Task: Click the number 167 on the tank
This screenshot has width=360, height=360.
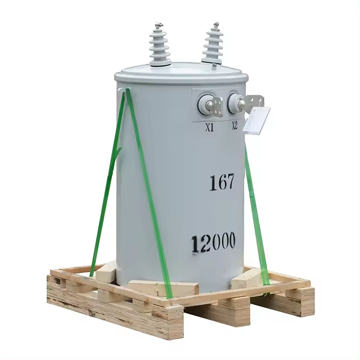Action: pyautogui.click(x=222, y=182)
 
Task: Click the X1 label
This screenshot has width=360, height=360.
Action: pyautogui.click(x=210, y=128)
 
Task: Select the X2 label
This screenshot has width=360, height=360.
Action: pyautogui.click(x=234, y=126)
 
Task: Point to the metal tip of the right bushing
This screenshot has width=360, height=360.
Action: pyautogui.click(x=216, y=24)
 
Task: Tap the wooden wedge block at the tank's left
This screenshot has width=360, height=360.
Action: pyautogui.click(x=107, y=273)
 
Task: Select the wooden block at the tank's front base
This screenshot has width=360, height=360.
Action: pyautogui.click(x=163, y=288)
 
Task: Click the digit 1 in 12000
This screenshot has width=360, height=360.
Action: pyautogui.click(x=195, y=245)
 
